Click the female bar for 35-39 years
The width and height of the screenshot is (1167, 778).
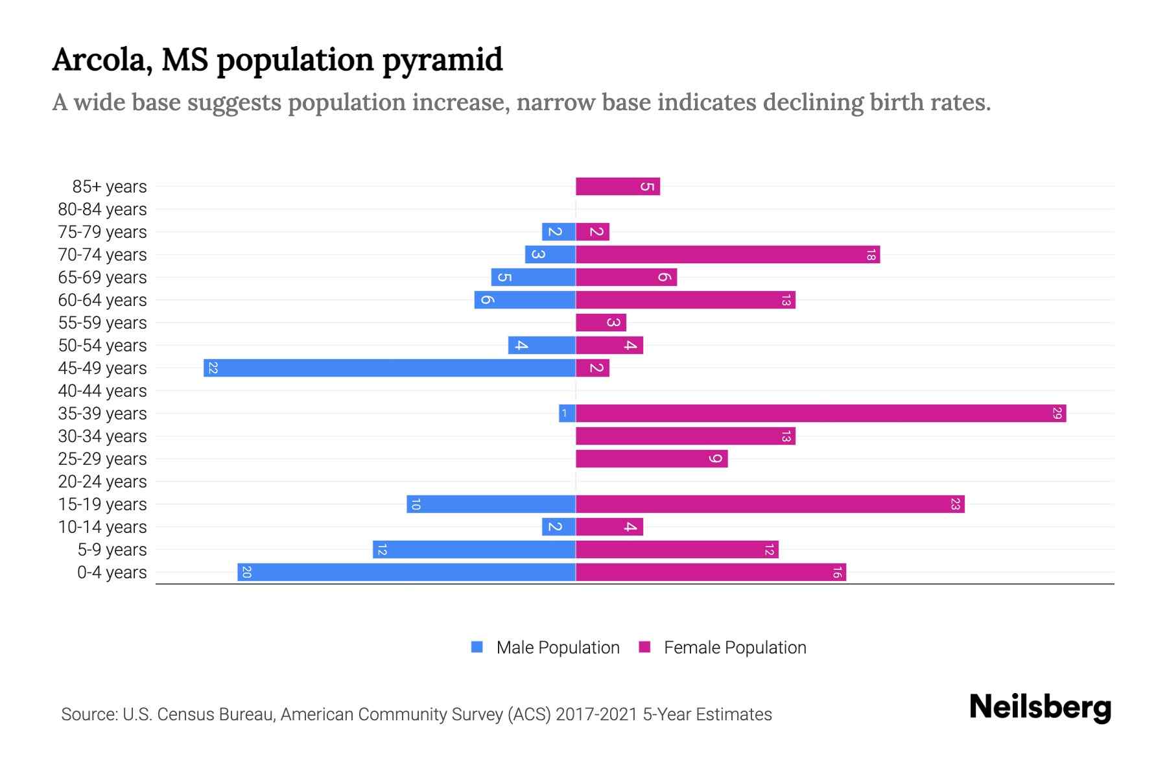pyautogui.click(x=821, y=413)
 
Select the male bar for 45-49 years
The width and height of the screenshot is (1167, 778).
pyautogui.click(x=389, y=368)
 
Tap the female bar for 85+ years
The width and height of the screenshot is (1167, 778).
pyautogui.click(x=617, y=187)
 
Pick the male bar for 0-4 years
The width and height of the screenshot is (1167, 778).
pyautogui.click(x=407, y=572)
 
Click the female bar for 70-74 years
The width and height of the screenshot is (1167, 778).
pyautogui.click(x=727, y=255)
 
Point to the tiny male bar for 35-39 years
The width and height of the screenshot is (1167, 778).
pyautogui.click(x=567, y=413)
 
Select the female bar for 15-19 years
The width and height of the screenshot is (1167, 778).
pyautogui.click(x=770, y=504)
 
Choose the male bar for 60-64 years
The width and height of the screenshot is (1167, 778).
pyautogui.click(x=525, y=300)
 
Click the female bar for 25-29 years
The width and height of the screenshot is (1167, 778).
pyautogui.click(x=652, y=458)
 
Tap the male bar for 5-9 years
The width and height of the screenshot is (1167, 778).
pyautogui.click(x=474, y=549)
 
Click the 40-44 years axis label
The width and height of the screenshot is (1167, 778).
pyautogui.click(x=102, y=391)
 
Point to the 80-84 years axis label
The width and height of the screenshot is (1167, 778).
pyautogui.click(x=102, y=209)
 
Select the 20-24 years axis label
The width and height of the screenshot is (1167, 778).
pyautogui.click(x=102, y=482)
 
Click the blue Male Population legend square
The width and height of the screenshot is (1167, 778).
pyautogui.click(x=477, y=647)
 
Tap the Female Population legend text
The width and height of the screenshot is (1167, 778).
pyautogui.click(x=735, y=648)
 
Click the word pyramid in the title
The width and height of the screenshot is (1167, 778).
pyautogui.click(x=442, y=60)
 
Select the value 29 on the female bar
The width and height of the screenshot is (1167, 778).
pyautogui.click(x=1057, y=413)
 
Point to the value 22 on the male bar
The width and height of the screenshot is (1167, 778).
pyautogui.click(x=213, y=368)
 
